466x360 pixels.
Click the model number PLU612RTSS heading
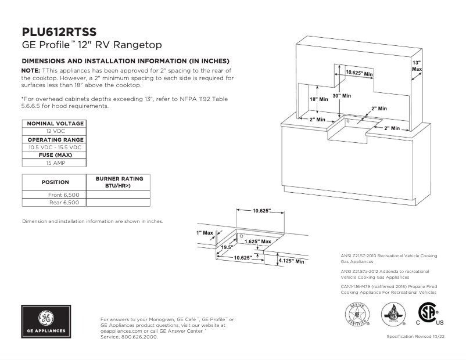(x=59, y=32)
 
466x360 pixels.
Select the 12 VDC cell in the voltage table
(x=55, y=132)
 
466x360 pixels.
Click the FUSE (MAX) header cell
(x=55, y=156)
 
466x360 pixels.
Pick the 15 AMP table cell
(x=55, y=164)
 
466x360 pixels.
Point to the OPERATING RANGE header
(x=55, y=140)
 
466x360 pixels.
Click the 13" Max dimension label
(x=417, y=66)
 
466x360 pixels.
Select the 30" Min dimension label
(x=341, y=95)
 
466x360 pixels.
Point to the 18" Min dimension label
(x=318, y=99)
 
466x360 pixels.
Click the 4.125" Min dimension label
(x=291, y=261)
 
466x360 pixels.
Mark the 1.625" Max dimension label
(x=257, y=241)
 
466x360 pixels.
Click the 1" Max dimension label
(x=205, y=233)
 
